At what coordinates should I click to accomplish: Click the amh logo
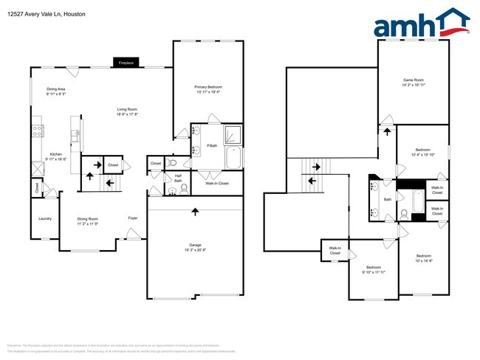click(421, 24)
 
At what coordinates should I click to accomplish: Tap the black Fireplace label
click(126, 63)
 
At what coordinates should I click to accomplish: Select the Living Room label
click(127, 110)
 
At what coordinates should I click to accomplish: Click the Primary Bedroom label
click(208, 87)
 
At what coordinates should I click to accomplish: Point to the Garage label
click(194, 245)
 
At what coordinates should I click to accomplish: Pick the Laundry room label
click(46, 219)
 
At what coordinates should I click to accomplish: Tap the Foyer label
click(133, 218)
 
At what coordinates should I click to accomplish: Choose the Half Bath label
click(178, 178)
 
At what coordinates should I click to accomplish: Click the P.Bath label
click(211, 145)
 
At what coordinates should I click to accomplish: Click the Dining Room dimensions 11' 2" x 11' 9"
click(88, 223)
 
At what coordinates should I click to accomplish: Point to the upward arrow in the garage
click(195, 212)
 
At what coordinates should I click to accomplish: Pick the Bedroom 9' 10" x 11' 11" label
click(374, 269)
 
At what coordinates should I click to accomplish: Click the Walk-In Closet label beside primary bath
click(216, 183)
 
